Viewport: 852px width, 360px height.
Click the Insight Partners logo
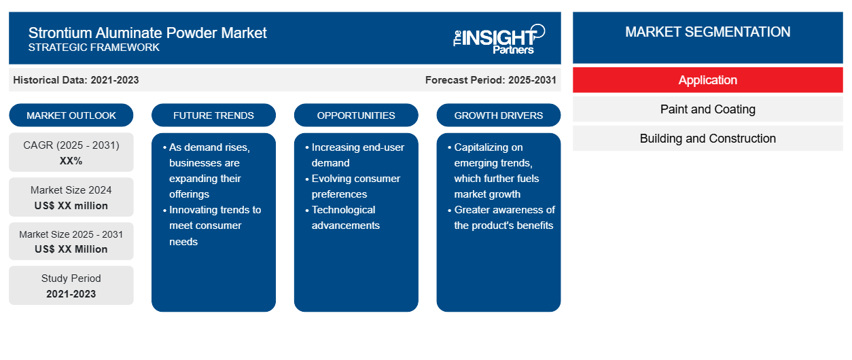[499, 39]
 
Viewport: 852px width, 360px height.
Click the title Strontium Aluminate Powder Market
[147, 33]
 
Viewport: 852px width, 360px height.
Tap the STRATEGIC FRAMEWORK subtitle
[94, 48]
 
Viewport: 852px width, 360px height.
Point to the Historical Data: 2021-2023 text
[76, 80]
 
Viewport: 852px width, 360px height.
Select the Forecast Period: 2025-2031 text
[491, 80]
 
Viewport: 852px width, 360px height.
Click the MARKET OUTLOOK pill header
[71, 115]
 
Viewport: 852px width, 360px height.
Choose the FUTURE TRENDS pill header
[213, 115]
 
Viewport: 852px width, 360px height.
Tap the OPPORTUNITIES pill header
[356, 115]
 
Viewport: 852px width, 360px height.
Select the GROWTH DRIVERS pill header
[498, 115]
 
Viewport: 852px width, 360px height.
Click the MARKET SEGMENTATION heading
[707, 32]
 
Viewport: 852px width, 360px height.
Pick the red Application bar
[707, 80]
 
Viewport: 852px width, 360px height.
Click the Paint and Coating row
[707, 109]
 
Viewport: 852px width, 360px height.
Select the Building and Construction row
[707, 139]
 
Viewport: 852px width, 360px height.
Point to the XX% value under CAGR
[71, 161]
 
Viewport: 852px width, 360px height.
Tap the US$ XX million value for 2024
[71, 206]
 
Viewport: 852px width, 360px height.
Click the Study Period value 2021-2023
[71, 294]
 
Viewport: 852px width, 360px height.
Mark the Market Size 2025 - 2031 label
[71, 234]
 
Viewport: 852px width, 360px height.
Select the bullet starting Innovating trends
[212, 226]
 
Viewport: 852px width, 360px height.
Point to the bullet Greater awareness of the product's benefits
[501, 217]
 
